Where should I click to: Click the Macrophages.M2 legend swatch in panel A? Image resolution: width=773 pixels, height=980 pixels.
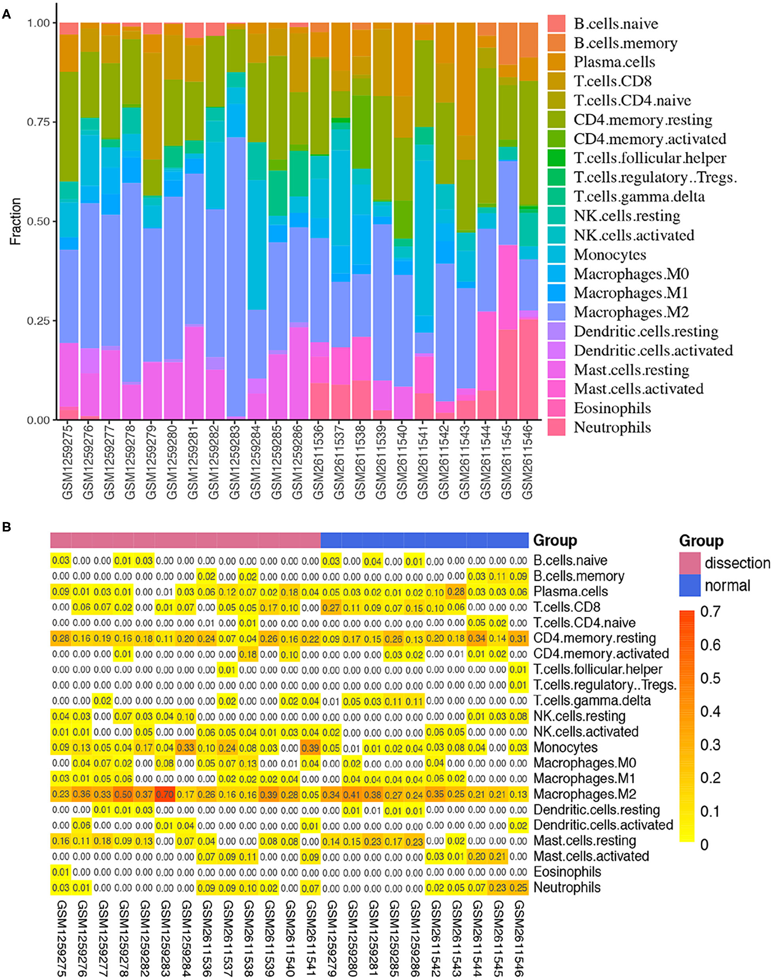[556, 312]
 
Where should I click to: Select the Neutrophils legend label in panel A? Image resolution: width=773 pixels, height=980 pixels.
[612, 427]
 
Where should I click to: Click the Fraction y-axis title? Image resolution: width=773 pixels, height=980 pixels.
[16, 221]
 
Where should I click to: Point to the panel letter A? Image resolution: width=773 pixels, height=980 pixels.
[6, 15]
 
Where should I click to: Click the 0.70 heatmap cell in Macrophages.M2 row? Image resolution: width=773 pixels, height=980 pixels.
[165, 794]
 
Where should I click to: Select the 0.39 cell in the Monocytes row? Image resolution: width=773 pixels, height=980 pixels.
[310, 747]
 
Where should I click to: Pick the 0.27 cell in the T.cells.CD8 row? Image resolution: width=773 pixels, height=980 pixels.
[331, 607]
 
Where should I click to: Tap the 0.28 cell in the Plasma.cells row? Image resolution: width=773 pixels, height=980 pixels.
[456, 592]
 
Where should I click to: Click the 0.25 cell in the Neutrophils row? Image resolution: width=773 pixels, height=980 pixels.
[519, 888]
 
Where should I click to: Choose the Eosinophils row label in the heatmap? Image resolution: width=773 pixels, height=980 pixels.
[568, 872]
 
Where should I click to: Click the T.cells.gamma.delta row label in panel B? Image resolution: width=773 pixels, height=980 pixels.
[592, 701]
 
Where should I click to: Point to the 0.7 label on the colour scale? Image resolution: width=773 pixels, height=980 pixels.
[710, 612]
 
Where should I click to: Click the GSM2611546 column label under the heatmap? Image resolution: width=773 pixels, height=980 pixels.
[519, 938]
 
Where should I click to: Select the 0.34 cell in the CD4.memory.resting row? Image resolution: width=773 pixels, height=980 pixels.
[477, 638]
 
